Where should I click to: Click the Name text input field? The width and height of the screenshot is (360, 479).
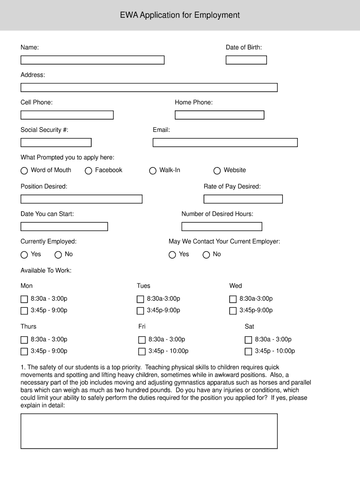pyautogui.click(x=92, y=60)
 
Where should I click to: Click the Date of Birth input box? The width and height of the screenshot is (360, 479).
pyautogui.click(x=246, y=60)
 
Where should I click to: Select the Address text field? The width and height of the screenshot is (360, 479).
pyautogui.click(x=149, y=87)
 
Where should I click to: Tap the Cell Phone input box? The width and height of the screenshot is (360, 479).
pyautogui.click(x=67, y=115)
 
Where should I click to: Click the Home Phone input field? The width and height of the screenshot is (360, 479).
pyautogui.click(x=219, y=115)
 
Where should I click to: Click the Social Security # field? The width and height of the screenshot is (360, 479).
pyautogui.click(x=56, y=143)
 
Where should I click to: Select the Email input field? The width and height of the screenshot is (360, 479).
pyautogui.click(x=225, y=143)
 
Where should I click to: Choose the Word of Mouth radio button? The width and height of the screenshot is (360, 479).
pyautogui.click(x=24, y=171)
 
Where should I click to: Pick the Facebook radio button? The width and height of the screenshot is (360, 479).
pyautogui.click(x=88, y=171)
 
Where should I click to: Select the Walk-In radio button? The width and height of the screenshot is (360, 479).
pyautogui.click(x=152, y=171)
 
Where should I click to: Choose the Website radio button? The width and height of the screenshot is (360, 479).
pyautogui.click(x=217, y=171)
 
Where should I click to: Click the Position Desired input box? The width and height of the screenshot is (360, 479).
pyautogui.click(x=81, y=199)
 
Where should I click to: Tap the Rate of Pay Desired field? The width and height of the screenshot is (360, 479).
pyautogui.click(x=243, y=199)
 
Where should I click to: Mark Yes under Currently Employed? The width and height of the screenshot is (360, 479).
pyautogui.click(x=24, y=255)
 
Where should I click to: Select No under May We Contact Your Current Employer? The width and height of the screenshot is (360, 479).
pyautogui.click(x=206, y=255)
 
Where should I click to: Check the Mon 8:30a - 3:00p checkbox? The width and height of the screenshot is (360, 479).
pyautogui.click(x=24, y=299)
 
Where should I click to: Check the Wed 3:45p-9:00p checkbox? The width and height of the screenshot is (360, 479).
pyautogui.click(x=233, y=311)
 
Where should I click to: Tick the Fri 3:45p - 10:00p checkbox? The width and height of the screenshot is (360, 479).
pyautogui.click(x=142, y=352)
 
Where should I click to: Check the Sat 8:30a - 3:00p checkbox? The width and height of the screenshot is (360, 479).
pyautogui.click(x=248, y=340)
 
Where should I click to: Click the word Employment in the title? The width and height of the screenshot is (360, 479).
pyautogui.click(x=217, y=15)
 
